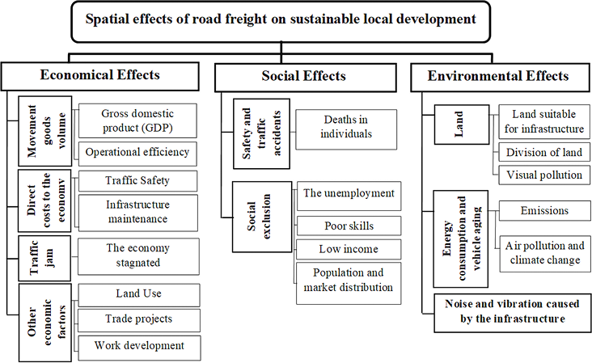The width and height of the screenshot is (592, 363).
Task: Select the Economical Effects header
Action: (x=100, y=75)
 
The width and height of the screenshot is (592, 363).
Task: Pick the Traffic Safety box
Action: (x=137, y=180)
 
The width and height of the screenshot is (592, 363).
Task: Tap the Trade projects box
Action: (x=137, y=319)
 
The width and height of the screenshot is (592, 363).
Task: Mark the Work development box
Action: (x=137, y=346)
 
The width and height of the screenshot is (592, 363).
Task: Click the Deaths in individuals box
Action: (x=345, y=127)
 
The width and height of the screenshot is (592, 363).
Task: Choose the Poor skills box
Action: (x=348, y=226)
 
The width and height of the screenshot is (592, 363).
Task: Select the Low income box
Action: (x=348, y=249)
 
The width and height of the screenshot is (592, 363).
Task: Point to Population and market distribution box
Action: (x=348, y=280)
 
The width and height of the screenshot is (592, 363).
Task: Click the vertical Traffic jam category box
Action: (x=34, y=257)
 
